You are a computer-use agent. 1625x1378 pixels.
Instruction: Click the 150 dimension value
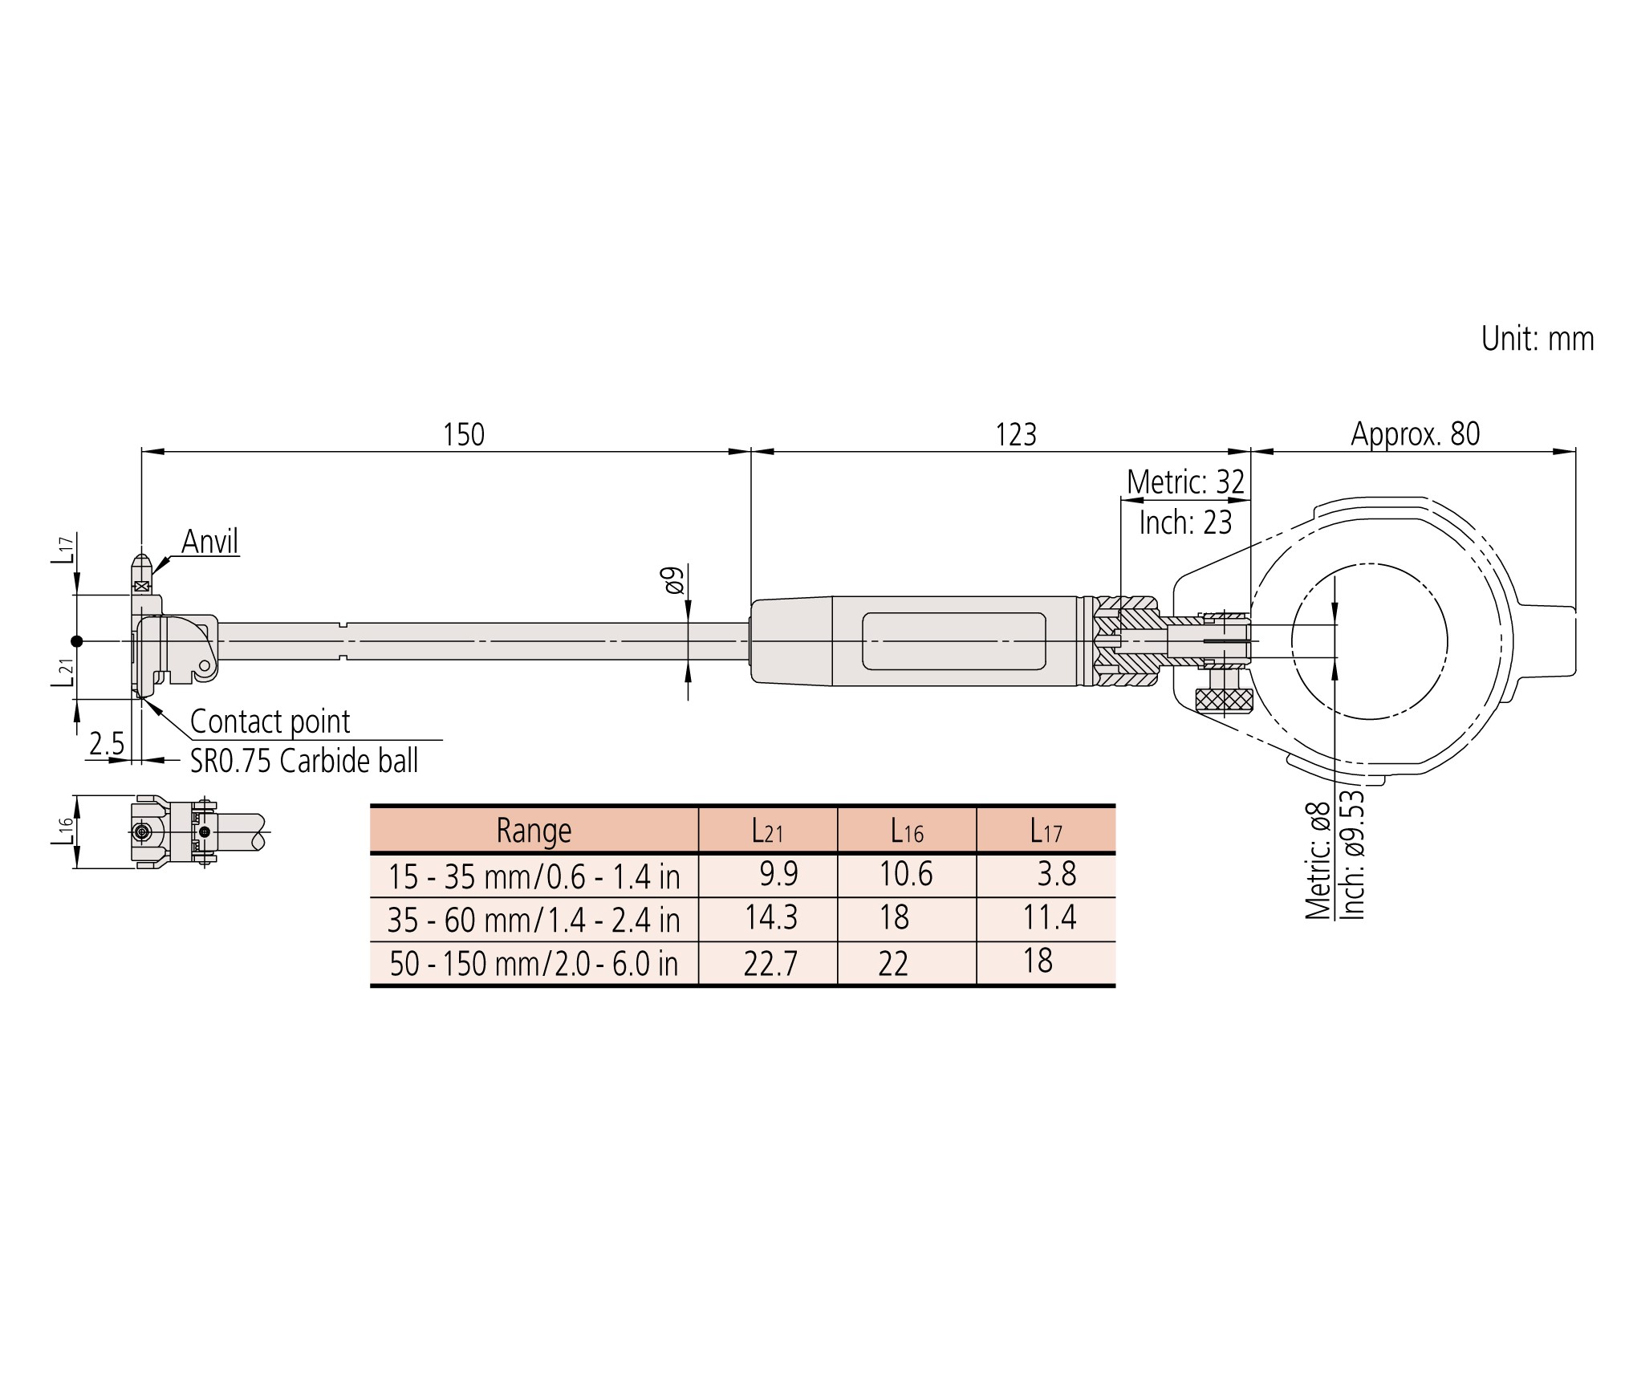pyautogui.click(x=464, y=435)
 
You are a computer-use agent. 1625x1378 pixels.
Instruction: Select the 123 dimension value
pyautogui.click(x=1016, y=435)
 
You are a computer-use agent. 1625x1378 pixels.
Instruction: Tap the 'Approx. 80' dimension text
pyautogui.click(x=1416, y=434)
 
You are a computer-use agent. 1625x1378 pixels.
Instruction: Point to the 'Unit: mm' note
pyautogui.click(x=1538, y=339)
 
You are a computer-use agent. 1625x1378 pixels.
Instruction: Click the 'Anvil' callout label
pyautogui.click(x=210, y=542)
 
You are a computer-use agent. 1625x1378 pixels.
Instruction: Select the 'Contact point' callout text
pyautogui.click(x=270, y=722)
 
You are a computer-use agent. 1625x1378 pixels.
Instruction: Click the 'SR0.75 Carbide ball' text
pyautogui.click(x=304, y=761)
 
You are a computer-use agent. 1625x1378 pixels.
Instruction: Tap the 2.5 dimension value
pyautogui.click(x=107, y=745)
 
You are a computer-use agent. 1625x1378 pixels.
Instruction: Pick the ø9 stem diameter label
pyautogui.click(x=672, y=580)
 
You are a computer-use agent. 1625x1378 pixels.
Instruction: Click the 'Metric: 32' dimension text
pyautogui.click(x=1185, y=482)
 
